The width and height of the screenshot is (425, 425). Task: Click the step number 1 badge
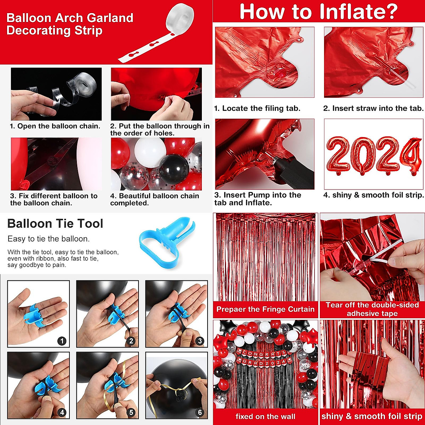62,341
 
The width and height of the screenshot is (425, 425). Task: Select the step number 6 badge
200,412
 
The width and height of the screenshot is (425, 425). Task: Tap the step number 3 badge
200,341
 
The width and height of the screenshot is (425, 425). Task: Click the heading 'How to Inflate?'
319,11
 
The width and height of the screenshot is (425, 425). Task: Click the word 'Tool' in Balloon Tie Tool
90,224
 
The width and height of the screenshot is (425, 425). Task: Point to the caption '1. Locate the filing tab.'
257,109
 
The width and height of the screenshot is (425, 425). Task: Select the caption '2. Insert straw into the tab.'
373,109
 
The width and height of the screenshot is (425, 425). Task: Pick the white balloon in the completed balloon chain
150,152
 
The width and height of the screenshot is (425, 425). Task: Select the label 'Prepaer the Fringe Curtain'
265,309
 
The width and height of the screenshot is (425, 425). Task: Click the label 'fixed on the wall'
265,416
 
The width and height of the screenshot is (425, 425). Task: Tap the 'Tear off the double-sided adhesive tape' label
372,309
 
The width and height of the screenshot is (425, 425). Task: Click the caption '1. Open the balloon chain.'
55,126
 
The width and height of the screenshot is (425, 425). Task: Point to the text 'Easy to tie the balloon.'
49,239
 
